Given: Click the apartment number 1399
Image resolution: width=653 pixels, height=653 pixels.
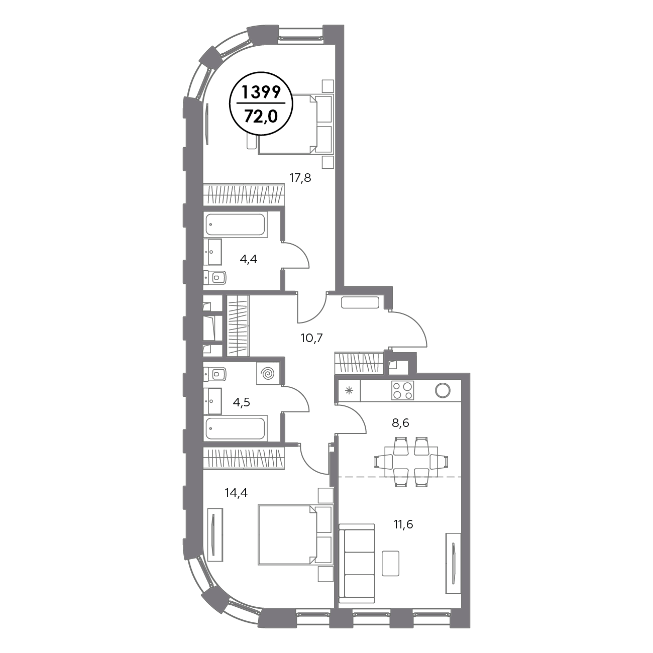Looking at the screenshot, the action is (x=261, y=92).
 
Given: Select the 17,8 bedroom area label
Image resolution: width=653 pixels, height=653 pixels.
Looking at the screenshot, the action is (x=300, y=178).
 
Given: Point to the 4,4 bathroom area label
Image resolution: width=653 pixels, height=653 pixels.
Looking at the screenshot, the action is (x=248, y=259).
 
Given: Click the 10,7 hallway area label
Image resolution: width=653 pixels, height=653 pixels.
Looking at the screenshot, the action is (x=312, y=338).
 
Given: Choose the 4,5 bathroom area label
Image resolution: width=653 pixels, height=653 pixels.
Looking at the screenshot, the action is (x=241, y=402).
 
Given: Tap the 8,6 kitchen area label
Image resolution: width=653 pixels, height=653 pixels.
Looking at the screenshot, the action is (x=400, y=423).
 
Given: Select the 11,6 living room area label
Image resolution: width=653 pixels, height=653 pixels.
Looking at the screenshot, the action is (x=403, y=524).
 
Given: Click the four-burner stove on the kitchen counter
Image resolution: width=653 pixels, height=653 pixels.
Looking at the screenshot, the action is (x=402, y=390).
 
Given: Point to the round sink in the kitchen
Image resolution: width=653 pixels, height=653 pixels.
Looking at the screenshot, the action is (x=443, y=390).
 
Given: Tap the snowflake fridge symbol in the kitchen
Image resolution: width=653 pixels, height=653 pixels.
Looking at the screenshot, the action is (x=349, y=391).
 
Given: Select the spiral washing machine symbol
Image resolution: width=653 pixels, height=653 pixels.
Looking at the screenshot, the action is (x=268, y=374).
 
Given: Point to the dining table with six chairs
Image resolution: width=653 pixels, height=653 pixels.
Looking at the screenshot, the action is (x=411, y=462).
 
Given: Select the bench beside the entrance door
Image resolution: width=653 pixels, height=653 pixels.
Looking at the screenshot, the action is (x=360, y=302).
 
